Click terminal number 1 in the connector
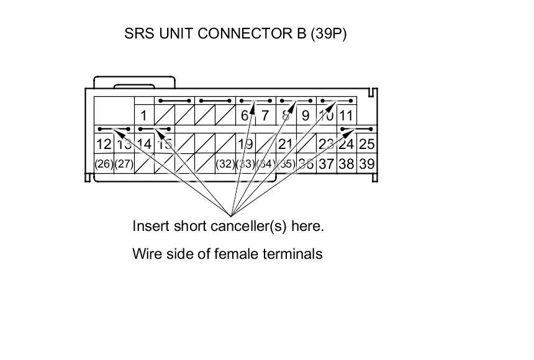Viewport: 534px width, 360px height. (143, 115)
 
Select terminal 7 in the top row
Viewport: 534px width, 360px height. (265, 115)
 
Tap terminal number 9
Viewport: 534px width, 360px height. (305, 115)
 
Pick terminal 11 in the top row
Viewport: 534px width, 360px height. (346, 115)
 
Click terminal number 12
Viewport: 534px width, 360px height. (104, 145)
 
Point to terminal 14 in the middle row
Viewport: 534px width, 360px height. (144, 145)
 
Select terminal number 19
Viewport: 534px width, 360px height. (245, 145)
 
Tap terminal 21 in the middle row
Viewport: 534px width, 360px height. (286, 145)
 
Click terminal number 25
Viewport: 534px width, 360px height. (367, 145)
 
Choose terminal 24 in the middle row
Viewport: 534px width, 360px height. (346, 145)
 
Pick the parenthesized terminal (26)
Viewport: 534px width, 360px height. (104, 164)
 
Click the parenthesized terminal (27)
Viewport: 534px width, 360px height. (124, 164)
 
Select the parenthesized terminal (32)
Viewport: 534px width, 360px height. (225, 164)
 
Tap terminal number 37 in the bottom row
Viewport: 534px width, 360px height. (326, 164)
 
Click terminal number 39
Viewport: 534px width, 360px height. (367, 164)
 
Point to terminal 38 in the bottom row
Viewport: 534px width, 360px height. (346, 164)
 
